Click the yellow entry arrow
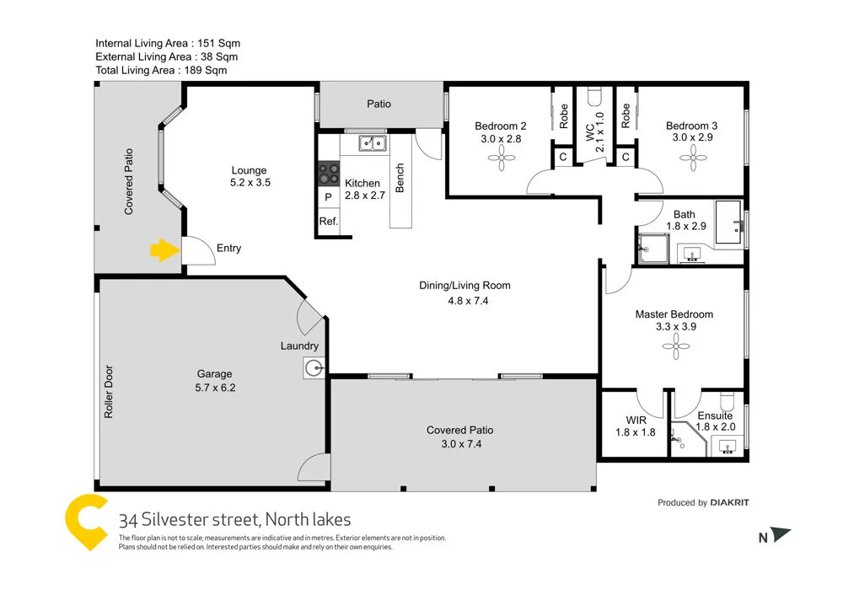[162, 249]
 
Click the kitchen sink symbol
[371, 143]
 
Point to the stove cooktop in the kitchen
[327, 174]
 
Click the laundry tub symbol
[314, 367]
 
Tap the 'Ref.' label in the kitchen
[328, 222]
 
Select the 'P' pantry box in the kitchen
[327, 198]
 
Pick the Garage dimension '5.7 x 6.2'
[214, 389]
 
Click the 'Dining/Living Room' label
[464, 286]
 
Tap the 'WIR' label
[636, 419]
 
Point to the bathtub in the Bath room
[728, 224]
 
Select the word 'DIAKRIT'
[729, 503]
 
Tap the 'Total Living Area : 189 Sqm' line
[161, 71]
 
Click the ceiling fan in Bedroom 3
[695, 157]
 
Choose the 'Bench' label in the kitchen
[400, 177]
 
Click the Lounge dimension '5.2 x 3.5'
[250, 182]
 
